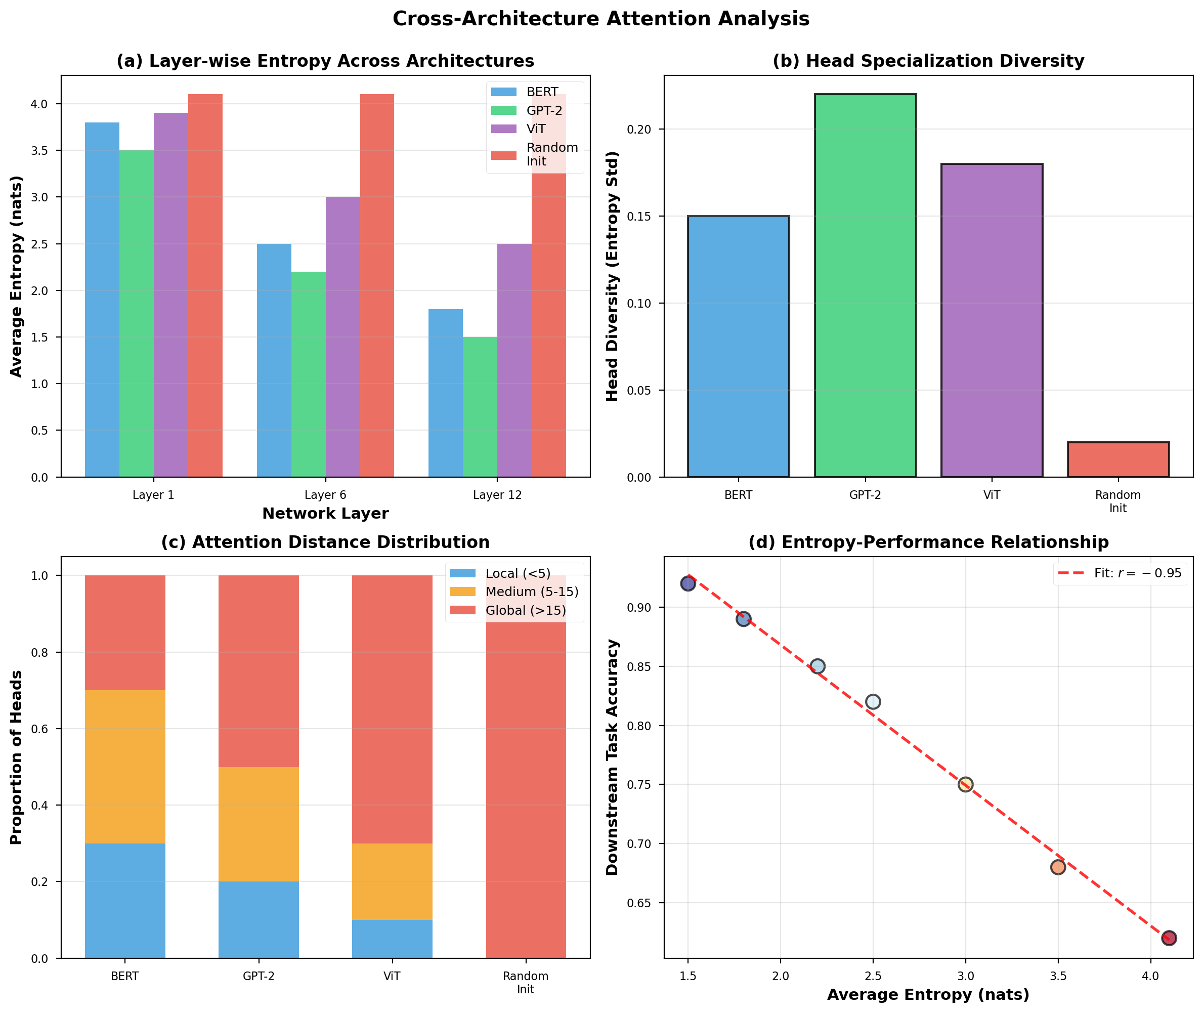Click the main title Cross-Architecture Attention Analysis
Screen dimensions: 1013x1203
point(600,19)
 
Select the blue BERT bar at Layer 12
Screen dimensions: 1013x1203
point(445,393)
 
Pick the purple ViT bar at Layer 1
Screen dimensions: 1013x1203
point(170,294)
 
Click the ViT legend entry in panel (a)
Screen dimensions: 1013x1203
point(535,129)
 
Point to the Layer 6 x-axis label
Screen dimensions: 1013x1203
point(325,495)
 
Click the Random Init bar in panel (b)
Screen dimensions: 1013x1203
point(1118,459)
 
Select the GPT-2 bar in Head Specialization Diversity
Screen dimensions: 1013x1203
point(865,285)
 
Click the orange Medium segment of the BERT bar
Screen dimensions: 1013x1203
point(124,767)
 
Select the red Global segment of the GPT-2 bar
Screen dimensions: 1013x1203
point(259,671)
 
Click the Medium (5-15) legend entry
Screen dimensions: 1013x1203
point(531,592)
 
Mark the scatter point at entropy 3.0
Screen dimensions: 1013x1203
point(965,784)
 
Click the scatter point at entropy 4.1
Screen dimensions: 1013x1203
point(1169,938)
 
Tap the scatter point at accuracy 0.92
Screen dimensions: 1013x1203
point(688,583)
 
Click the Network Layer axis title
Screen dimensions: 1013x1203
point(325,514)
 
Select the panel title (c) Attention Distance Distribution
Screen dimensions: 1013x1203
point(325,542)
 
